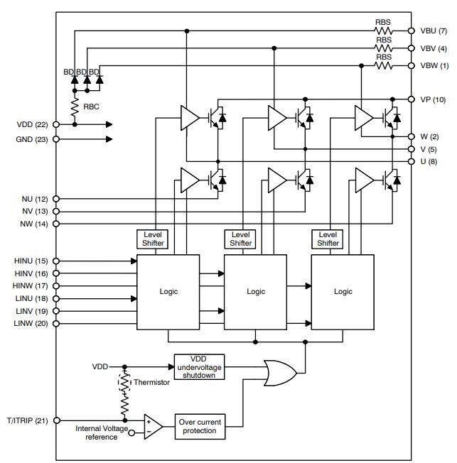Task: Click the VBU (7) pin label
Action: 432,31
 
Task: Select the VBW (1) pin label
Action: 432,65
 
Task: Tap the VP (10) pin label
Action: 433,99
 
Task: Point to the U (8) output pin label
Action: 429,162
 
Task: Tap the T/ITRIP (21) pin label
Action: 27,420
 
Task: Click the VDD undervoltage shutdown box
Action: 199,367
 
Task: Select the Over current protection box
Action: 199,426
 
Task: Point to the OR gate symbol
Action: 280,372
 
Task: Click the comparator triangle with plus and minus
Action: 151,425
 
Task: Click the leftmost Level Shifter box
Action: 154,239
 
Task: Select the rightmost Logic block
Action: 343,291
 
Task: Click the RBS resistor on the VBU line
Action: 384,31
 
